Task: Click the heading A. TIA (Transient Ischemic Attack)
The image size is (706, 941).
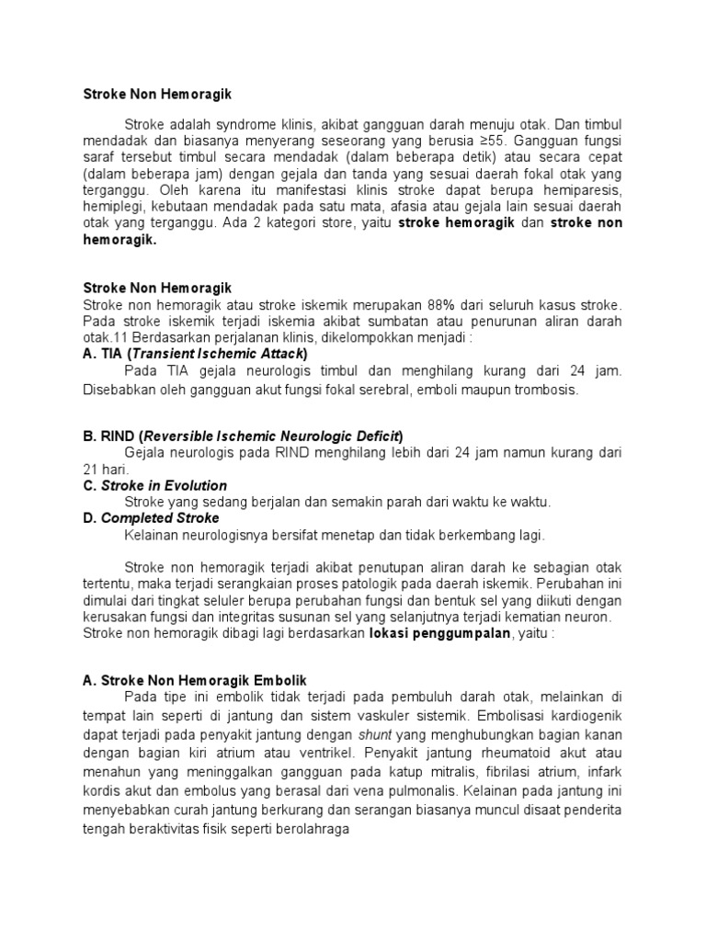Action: [x=195, y=354]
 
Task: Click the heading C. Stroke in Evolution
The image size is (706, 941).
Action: [x=154, y=485]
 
